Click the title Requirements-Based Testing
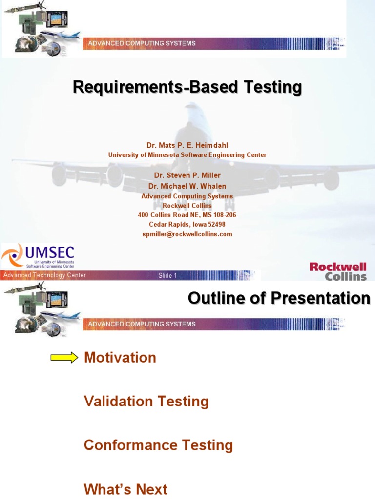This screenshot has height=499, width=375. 187,88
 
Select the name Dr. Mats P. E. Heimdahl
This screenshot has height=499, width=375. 187,145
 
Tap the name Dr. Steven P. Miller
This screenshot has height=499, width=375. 187,175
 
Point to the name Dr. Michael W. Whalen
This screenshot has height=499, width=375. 187,186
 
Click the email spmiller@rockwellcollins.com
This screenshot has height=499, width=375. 187,234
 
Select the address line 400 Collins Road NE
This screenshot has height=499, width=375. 187,215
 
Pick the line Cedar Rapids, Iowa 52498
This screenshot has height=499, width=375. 187,225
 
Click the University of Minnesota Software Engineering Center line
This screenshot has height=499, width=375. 187,155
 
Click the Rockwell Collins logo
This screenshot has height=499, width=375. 338,271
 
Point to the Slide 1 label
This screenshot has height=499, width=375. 167,276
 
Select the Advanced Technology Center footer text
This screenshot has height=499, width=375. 44,275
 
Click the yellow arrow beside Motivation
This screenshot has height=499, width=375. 64,358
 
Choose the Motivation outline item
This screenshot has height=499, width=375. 120,358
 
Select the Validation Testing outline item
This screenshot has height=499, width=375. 146,402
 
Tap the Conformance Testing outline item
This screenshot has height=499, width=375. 158,445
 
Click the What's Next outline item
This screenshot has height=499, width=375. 125,489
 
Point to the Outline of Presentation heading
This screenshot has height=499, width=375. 279,298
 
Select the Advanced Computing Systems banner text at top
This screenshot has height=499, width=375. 142,43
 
